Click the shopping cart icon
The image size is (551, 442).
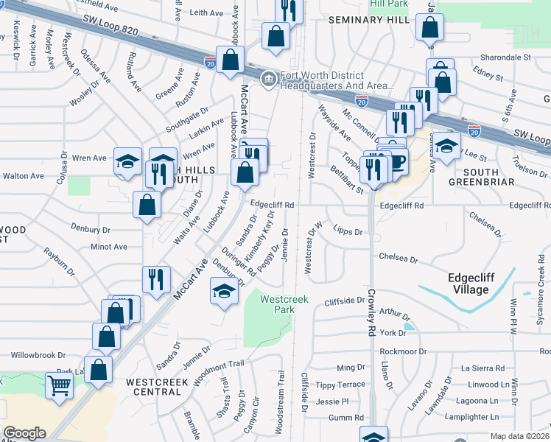(x=58, y=385)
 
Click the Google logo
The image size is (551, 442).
(x=24, y=433)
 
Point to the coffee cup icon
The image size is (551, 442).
(x=397, y=161)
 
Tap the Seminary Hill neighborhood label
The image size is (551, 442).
(x=368, y=20)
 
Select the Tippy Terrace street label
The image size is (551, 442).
(x=340, y=385)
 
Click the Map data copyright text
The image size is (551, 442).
(x=520, y=436)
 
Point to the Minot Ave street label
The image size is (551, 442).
(x=109, y=247)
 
